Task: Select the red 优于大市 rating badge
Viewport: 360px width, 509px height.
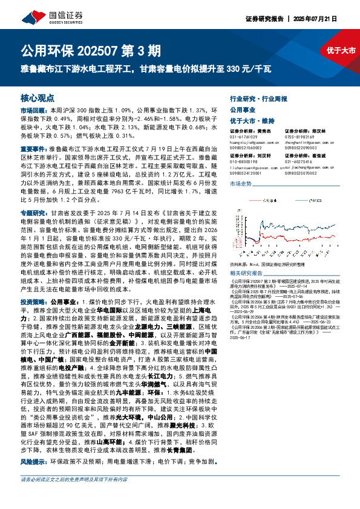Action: click(x=340, y=51)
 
